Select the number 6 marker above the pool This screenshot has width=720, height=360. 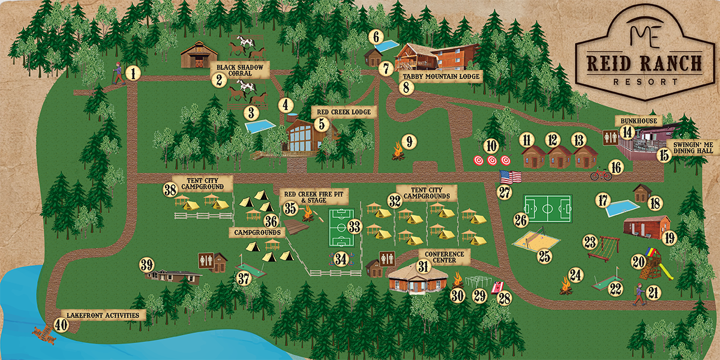377,36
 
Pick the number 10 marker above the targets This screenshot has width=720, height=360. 492,145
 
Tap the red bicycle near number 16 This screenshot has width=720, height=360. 601,175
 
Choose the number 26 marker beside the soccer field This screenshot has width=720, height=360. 520,220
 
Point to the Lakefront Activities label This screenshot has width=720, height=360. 107,315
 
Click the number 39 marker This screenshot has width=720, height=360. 147,265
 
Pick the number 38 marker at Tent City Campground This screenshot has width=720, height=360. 170,190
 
